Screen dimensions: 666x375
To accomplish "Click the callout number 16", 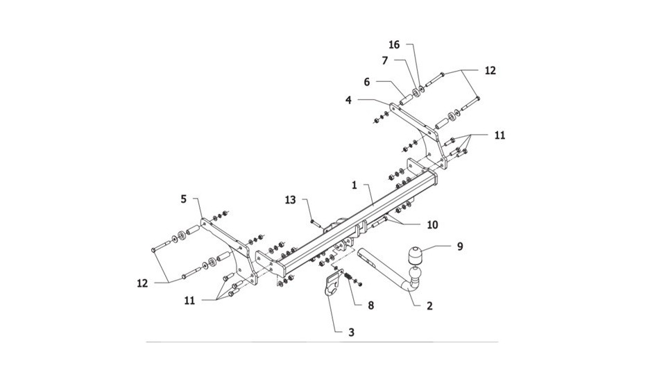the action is tap(394, 44).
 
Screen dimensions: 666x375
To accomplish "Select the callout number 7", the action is tap(385, 61).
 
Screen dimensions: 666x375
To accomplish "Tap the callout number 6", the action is tap(367, 82).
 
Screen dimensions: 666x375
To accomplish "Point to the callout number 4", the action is tap(349, 100).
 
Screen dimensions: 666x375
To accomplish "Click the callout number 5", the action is tap(183, 199).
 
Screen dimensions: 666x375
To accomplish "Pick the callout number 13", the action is tap(290, 200).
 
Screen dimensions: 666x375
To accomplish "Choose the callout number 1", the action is tap(355, 186).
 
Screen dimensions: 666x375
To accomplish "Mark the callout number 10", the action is tap(432, 224).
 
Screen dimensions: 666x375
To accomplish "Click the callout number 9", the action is tap(460, 246).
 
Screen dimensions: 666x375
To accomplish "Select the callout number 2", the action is tap(429, 306).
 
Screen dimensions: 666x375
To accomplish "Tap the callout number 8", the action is tap(370, 306).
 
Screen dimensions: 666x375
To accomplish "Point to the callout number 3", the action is tap(351, 332).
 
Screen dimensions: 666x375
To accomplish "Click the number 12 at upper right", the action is tap(490, 71).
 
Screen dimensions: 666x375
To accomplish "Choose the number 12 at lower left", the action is tap(142, 283).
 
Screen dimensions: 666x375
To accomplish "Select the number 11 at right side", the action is tap(500, 135).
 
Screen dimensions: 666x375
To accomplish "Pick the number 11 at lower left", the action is tap(189, 301).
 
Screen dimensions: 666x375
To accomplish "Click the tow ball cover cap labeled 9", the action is tap(415, 255).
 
